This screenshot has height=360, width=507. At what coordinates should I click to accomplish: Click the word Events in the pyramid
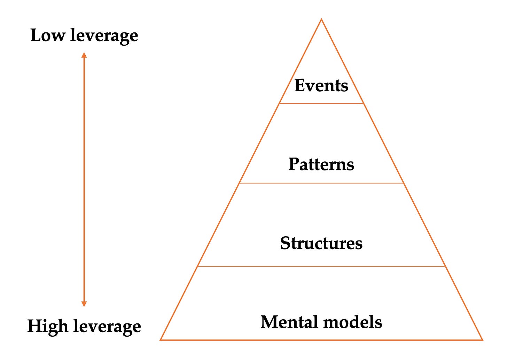(x=321, y=85)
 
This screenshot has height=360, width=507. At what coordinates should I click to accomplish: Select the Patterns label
(x=321, y=164)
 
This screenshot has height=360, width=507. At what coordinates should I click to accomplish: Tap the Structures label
(x=321, y=243)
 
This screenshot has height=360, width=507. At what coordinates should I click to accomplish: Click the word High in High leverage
(x=48, y=326)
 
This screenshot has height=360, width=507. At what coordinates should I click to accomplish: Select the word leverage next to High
(x=107, y=327)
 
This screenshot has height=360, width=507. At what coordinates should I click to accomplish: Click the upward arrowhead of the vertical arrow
(x=84, y=55)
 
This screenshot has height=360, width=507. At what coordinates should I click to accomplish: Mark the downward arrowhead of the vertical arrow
(x=84, y=304)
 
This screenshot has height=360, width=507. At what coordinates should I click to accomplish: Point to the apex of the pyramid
(x=321, y=20)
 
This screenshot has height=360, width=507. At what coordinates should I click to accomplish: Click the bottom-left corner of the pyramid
(x=161, y=339)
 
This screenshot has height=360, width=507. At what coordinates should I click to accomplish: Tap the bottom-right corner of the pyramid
(x=482, y=339)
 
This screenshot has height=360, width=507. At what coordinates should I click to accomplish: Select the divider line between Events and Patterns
(x=321, y=104)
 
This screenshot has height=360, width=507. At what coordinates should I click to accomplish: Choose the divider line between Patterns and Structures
(x=321, y=183)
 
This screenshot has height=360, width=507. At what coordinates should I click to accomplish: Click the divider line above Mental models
(x=321, y=267)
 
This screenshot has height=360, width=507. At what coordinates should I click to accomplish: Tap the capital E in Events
(x=300, y=85)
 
